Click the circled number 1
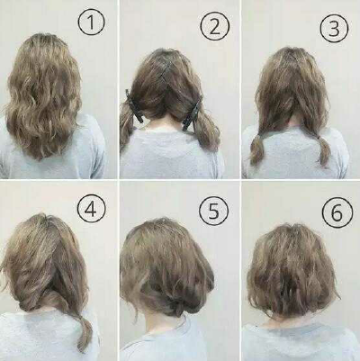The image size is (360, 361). [x=92, y=22]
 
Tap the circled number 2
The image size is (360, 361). [x=215, y=27]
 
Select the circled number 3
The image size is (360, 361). [x=334, y=28]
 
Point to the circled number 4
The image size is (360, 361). [x=91, y=209]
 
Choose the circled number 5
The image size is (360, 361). [x=213, y=211]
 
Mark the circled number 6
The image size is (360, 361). [x=337, y=212]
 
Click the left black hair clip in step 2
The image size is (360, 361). [x=133, y=105]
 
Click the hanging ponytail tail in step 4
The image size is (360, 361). [x=84, y=331]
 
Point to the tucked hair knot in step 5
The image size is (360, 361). [x=177, y=307]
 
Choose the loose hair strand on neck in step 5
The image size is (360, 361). [x=134, y=309]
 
